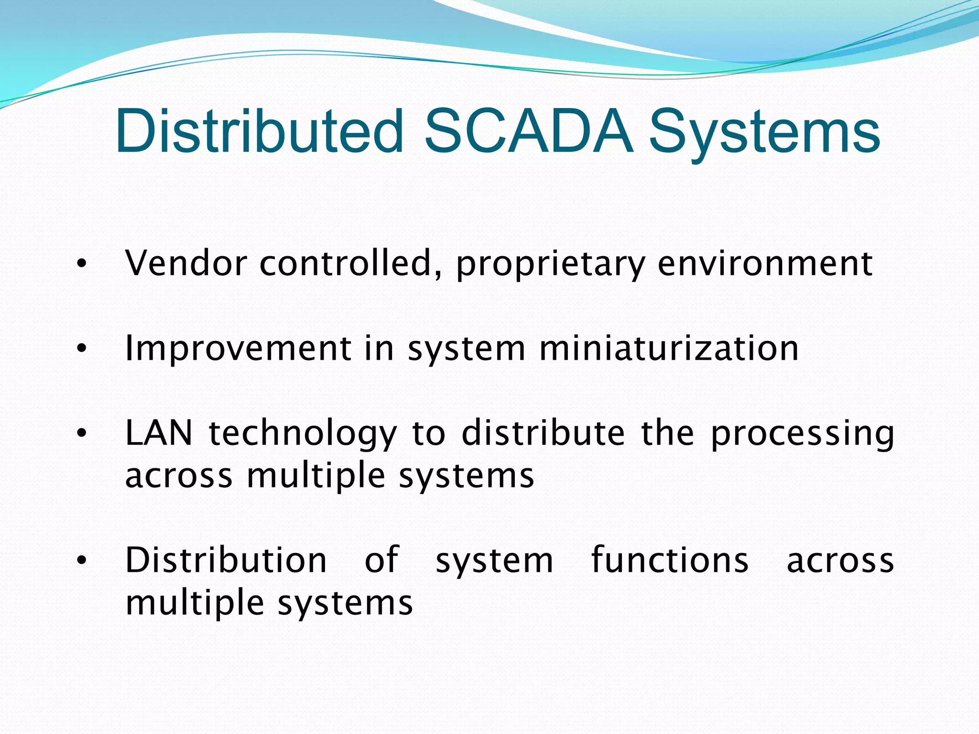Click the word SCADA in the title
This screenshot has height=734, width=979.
(x=529, y=131)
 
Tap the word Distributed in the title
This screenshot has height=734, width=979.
(x=260, y=131)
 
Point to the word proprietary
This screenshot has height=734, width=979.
(x=550, y=266)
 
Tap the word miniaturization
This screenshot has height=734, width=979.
(x=669, y=348)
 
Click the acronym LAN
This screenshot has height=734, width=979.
(x=159, y=433)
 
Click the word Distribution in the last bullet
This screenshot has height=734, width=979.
(x=226, y=560)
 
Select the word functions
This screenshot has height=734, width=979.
(x=670, y=560)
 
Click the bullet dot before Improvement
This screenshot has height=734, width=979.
(x=82, y=348)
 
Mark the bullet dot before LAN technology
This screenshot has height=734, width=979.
(x=82, y=433)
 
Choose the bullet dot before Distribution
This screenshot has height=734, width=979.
(x=82, y=560)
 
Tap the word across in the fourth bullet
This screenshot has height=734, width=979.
(x=840, y=561)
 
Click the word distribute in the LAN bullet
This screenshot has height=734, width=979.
(x=543, y=433)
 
